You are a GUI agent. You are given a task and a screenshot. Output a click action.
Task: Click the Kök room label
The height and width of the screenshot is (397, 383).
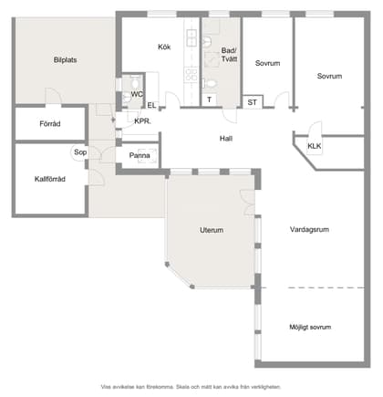(164, 47)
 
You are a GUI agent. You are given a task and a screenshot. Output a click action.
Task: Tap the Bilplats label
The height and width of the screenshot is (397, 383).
(65, 60)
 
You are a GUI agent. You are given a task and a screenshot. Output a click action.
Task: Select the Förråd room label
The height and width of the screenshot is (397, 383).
(50, 124)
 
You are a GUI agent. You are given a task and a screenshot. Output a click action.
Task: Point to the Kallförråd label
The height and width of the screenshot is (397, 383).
(50, 179)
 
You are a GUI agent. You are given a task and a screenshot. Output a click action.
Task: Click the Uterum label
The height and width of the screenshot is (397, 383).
(212, 230)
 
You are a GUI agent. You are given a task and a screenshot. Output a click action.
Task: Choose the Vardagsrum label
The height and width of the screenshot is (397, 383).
(309, 229)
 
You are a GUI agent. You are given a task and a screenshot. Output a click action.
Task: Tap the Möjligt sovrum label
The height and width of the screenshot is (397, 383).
(310, 327)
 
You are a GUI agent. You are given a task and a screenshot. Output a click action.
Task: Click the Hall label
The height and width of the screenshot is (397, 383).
(226, 139)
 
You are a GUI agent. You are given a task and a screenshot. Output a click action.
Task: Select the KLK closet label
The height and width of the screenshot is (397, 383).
(315, 146)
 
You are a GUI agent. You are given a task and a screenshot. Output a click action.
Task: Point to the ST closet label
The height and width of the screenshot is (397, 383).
(252, 102)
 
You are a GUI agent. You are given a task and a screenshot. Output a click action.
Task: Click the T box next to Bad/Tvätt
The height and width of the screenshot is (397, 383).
(209, 99)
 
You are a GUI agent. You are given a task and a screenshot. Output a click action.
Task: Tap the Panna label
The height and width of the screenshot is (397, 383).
(140, 155)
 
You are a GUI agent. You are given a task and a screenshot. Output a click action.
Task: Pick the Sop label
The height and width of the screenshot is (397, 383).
(80, 152)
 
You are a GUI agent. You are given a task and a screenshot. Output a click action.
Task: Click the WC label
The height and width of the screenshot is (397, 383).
(137, 94)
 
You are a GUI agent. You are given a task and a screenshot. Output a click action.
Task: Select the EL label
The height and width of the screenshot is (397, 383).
(151, 105)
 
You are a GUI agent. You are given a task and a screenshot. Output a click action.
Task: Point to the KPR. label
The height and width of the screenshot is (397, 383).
(142, 121)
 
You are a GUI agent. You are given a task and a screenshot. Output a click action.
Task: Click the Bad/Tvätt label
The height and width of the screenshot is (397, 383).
(229, 55)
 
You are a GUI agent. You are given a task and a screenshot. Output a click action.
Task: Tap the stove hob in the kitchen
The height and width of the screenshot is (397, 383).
(191, 75)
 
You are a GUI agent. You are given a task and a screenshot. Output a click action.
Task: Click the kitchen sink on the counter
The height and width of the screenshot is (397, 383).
(191, 37)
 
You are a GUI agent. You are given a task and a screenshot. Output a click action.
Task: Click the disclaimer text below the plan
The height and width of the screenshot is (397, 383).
(191, 387)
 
